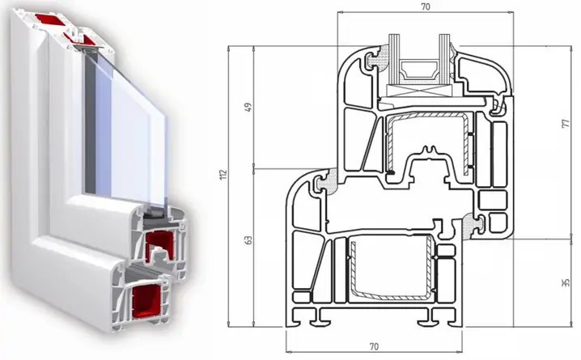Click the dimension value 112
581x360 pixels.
[223, 175]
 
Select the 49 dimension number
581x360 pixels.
[248, 107]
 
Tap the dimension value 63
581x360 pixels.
[248, 239]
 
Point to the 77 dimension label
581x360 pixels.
[566, 124]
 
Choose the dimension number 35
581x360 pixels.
[566, 283]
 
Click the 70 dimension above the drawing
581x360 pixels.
[426, 6]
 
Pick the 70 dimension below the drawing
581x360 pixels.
[374, 347]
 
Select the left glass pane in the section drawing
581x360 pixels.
[393, 59]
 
